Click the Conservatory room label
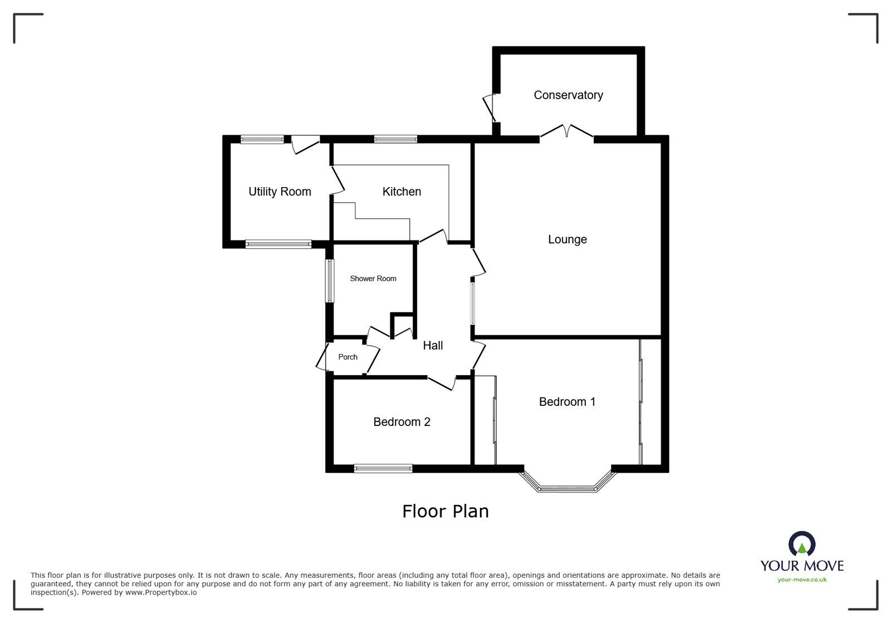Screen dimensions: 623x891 point(568,95)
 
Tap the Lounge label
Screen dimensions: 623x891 point(567,239)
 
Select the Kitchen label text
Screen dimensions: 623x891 point(402,192)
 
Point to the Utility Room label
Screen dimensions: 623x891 point(280,192)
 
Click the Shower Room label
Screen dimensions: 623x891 point(373,278)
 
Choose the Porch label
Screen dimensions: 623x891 point(348,357)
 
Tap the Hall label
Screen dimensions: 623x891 point(433,345)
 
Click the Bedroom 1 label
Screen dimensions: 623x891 point(567,401)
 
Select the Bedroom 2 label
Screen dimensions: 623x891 point(402,422)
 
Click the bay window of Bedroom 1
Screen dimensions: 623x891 point(567,488)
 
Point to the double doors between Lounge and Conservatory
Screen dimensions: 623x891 point(566,133)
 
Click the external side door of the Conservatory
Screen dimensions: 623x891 point(490,107)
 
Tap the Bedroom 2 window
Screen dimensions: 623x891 point(383,468)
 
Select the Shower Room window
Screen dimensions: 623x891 point(330,281)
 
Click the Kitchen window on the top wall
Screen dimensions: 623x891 point(395,139)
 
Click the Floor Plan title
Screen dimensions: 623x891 point(445,511)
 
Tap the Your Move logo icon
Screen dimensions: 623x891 point(802,544)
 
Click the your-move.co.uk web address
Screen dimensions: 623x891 point(802,580)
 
